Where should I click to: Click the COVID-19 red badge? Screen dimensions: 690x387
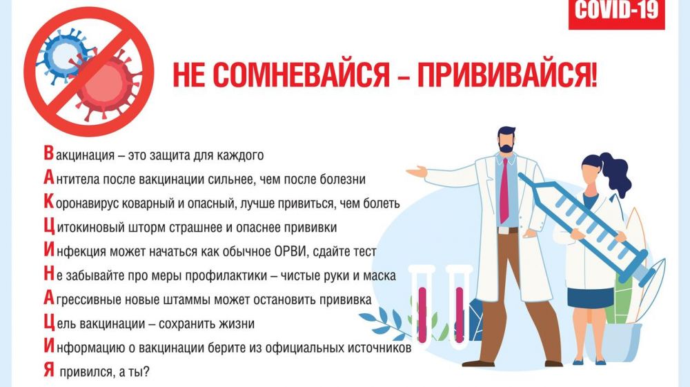coord(616,14)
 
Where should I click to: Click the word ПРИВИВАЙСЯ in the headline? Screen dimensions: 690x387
coord(507,75)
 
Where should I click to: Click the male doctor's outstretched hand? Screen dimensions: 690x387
coord(416,172)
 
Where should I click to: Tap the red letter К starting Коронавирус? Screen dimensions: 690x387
coord(49,201)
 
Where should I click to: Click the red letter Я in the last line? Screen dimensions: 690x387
coord(49,370)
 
